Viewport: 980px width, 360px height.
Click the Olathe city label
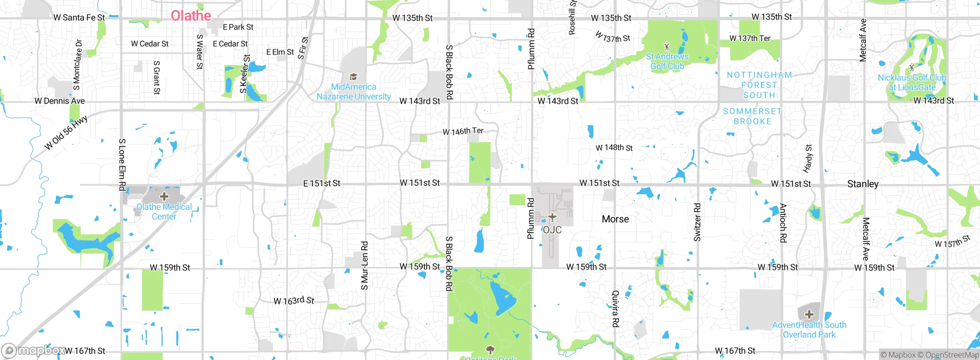point(191,16)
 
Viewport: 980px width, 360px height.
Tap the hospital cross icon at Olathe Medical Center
point(164,197)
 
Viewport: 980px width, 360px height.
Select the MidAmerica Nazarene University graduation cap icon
point(353,77)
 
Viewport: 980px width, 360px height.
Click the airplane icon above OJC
point(552,218)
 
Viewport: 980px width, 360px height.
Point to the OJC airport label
point(552,230)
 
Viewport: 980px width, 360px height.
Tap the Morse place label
point(615,219)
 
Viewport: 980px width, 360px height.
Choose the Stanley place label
point(862,184)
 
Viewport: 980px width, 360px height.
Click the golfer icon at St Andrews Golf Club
point(667,47)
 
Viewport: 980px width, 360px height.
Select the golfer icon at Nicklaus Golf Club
point(911,68)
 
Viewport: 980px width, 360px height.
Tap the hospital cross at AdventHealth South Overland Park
point(809,315)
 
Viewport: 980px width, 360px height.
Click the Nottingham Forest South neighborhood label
point(759,85)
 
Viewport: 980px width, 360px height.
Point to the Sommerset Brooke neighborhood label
point(752,116)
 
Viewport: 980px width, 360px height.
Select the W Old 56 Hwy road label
point(66,133)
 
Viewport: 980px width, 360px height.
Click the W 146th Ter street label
point(463,131)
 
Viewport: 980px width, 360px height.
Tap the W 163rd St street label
point(294,301)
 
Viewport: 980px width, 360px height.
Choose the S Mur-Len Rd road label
point(364,265)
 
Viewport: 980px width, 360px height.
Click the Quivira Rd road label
point(615,308)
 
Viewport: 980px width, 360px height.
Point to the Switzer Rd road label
point(697,222)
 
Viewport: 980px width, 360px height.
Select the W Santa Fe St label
point(79,18)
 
